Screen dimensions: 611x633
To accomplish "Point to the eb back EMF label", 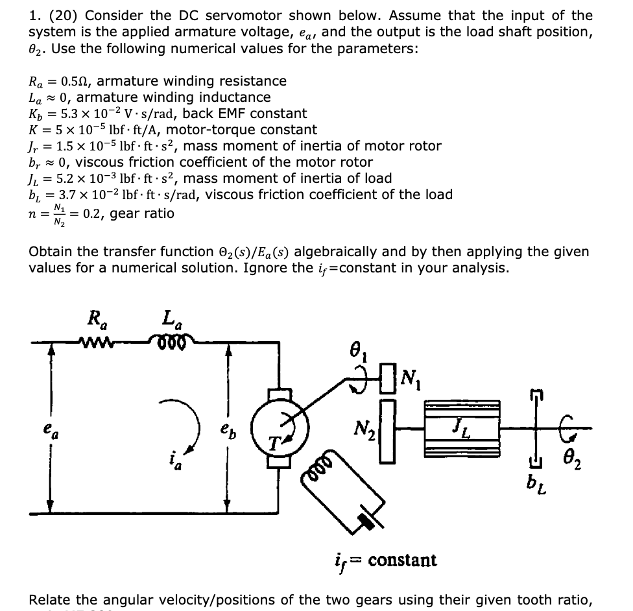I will tap(242, 429).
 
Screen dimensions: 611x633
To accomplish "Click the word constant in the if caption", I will tap(401, 559).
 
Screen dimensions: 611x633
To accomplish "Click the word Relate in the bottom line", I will tap(51, 600).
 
